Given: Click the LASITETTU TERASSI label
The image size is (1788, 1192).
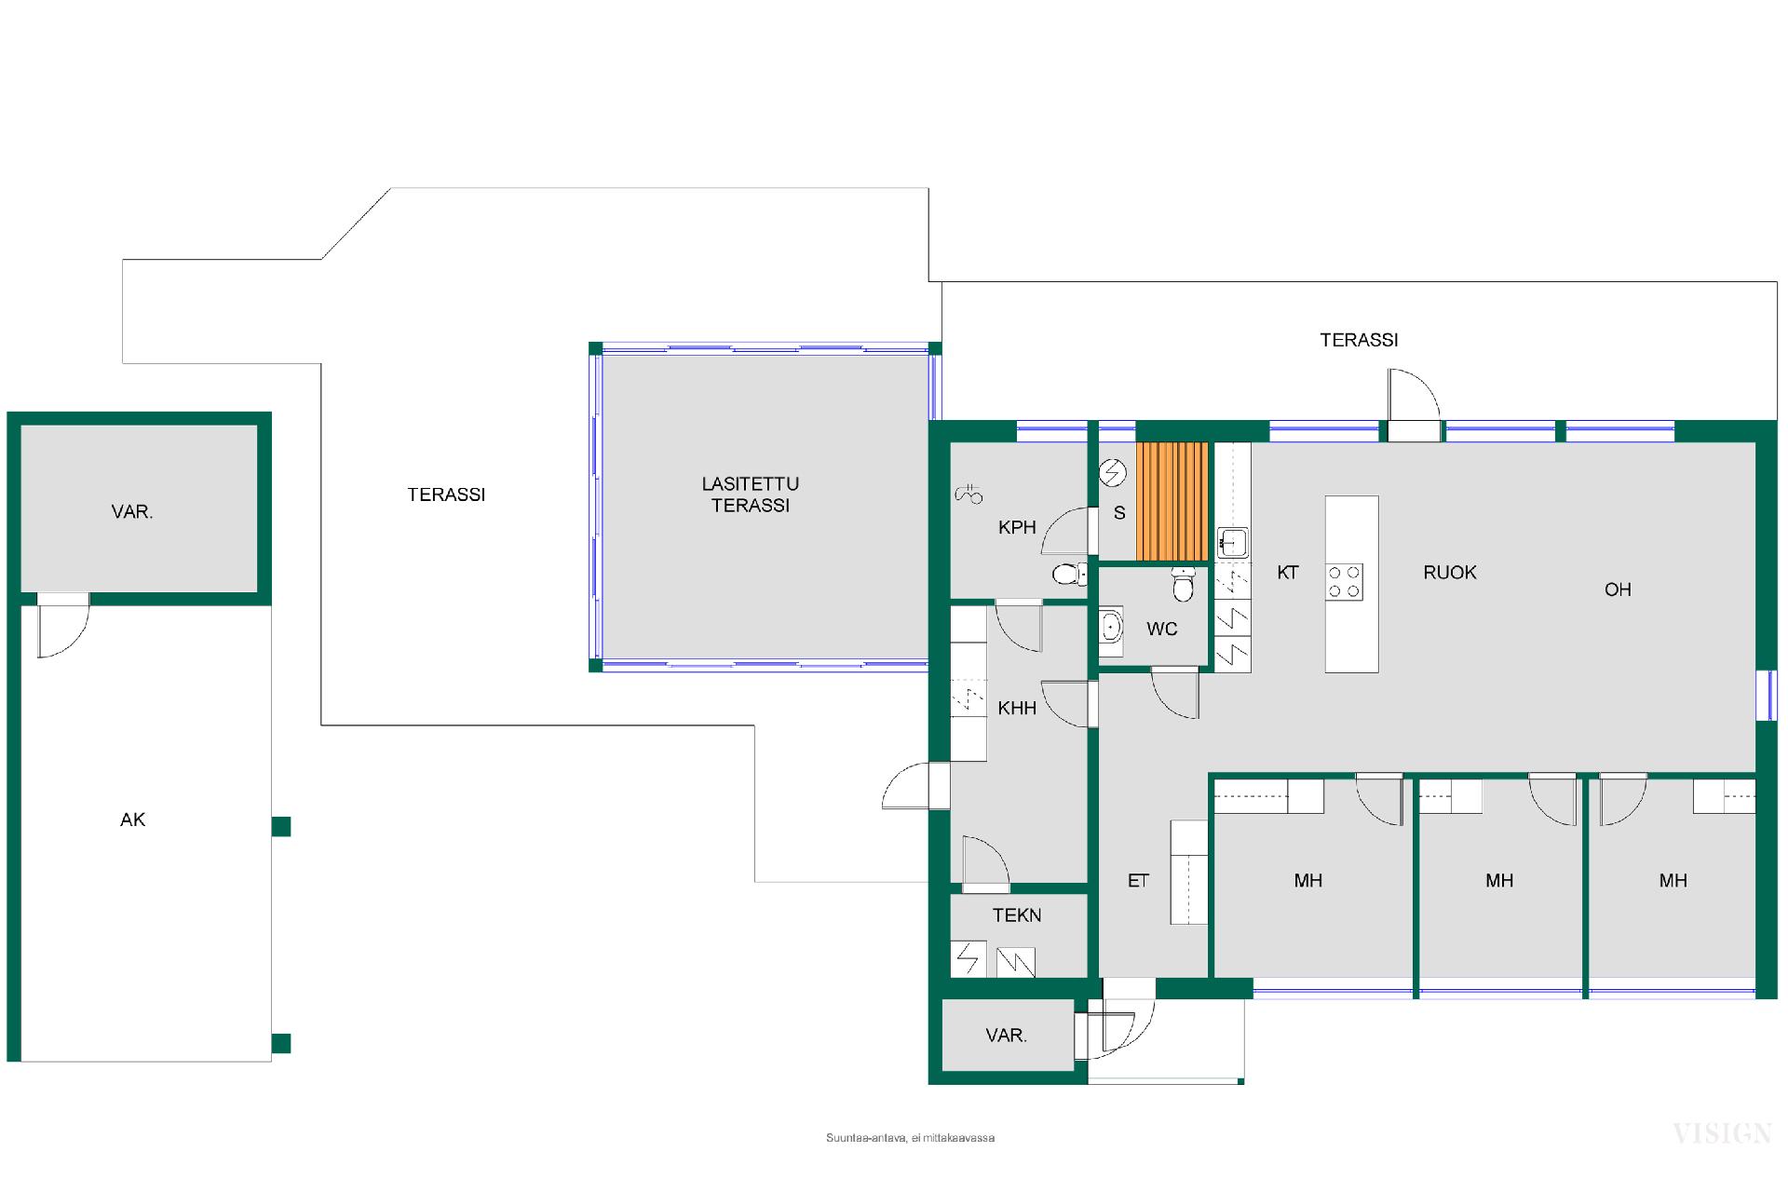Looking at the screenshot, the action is tap(750, 494).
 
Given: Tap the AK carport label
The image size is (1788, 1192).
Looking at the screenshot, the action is tap(133, 819).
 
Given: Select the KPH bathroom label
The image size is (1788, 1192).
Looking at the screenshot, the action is tap(1017, 527).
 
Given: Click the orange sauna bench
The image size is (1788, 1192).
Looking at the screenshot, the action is tap(1172, 501).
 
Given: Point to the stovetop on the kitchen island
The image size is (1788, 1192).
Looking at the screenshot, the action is tap(1345, 581).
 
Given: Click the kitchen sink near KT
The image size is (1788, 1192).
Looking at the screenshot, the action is tap(1233, 542).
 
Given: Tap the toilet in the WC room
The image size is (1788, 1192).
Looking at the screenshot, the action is tap(1183, 585).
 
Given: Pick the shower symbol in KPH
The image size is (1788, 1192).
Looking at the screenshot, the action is tap(969, 494).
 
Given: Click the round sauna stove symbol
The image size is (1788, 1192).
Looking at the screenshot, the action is tap(1112, 474).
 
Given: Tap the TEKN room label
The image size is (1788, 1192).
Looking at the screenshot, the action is tap(1017, 915).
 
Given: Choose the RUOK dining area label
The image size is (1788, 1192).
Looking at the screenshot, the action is tap(1450, 573).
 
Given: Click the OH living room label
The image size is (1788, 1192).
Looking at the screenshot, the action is tap(1618, 589).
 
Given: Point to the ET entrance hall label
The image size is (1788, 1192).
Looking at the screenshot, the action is tap(1138, 881).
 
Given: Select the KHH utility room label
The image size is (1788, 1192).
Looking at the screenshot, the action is tap(1017, 709).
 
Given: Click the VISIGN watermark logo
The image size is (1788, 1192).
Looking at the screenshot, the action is tap(1722, 1133).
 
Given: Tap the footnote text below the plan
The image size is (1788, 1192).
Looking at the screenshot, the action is tap(910, 1138).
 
